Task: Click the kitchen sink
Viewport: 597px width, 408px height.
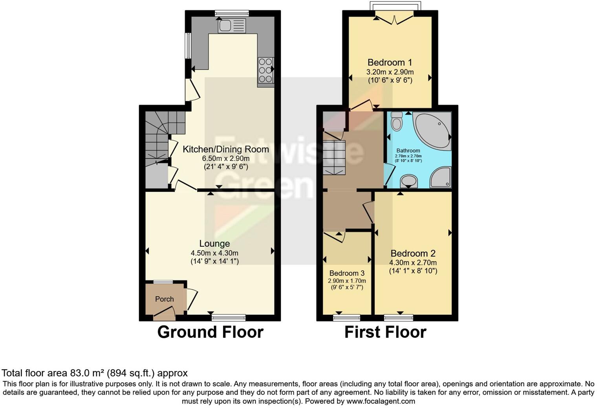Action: coord(232,26)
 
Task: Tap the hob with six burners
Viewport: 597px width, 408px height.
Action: coord(266,71)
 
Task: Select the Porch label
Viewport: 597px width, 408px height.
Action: coord(164,299)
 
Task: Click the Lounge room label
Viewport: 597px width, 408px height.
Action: coord(214,244)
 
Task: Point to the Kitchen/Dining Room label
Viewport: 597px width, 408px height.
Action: coord(226,149)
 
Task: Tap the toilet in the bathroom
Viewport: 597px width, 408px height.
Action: coord(397,122)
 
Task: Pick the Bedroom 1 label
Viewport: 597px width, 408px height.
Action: coord(390,62)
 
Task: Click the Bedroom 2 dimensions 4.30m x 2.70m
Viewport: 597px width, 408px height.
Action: coord(413,263)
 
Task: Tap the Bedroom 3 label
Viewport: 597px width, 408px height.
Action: coord(347,273)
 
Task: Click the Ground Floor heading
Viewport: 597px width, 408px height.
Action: coord(210,332)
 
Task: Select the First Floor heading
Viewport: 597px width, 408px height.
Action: coord(385,332)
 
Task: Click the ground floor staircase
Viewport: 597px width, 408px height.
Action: coord(161,137)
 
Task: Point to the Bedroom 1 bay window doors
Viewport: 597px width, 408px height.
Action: coord(394,17)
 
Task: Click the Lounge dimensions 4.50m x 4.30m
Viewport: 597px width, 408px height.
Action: coord(214,253)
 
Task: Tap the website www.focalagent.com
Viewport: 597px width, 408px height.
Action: coord(381,401)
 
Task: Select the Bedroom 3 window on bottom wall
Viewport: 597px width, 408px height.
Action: coord(346,317)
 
